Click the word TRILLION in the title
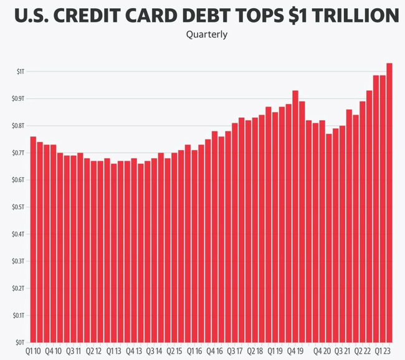pos(354,14)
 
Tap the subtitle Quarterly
pos(207,34)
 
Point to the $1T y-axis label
pos(21,72)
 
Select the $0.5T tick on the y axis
pos(19,207)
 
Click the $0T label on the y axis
pos(20,343)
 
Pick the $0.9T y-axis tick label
pos(19,99)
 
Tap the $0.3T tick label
pos(19,262)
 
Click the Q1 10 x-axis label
pos(34,351)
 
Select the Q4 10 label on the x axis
pos(54,351)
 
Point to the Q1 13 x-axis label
pos(114,351)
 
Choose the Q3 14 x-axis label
pos(154,351)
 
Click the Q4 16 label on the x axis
pos(214,351)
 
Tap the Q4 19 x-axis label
pos(295,351)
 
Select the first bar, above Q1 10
pos(33,240)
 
